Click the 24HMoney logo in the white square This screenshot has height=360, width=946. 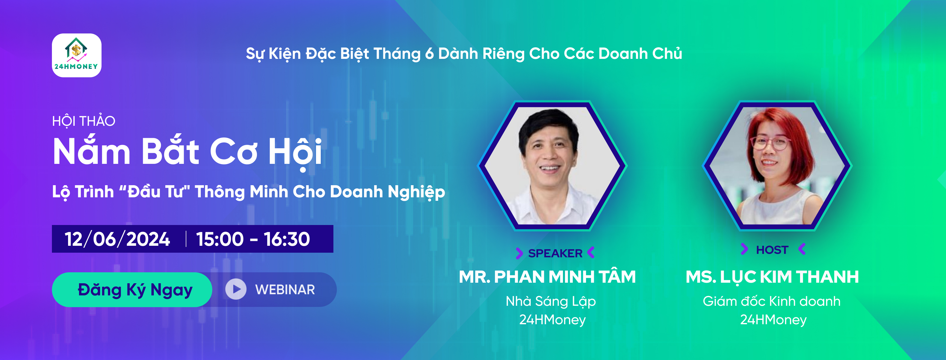pyautogui.click(x=76, y=55)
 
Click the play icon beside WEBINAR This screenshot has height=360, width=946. pyautogui.click(x=236, y=289)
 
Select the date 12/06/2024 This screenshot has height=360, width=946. pyautogui.click(x=117, y=239)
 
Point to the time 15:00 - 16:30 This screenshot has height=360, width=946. pyautogui.click(x=253, y=239)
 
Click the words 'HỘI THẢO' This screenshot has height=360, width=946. pyautogui.click(x=84, y=121)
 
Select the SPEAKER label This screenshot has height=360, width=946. pyautogui.click(x=555, y=253)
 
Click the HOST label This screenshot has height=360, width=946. pyautogui.click(x=772, y=250)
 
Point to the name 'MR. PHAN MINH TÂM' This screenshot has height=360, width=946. pyautogui.click(x=547, y=277)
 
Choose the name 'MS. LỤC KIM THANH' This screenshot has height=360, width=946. pyautogui.click(x=772, y=277)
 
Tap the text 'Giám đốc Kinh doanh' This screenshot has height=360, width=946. pyautogui.click(x=772, y=301)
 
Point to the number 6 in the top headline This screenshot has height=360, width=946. pyautogui.click(x=429, y=54)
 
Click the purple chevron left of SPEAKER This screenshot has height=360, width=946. pyautogui.click(x=519, y=253)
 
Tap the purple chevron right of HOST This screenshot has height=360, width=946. pyautogui.click(x=802, y=249)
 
